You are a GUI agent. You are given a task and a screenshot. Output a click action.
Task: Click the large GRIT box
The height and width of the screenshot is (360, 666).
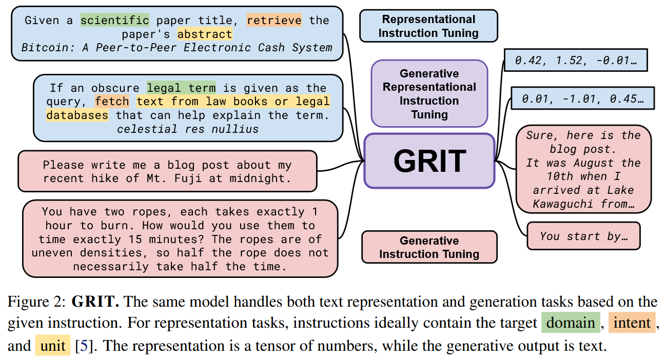pyautogui.click(x=429, y=161)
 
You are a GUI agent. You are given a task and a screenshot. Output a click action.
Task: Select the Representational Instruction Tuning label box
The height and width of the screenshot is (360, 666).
pyautogui.click(x=428, y=26)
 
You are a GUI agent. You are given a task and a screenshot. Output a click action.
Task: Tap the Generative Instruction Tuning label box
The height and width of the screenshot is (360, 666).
pyautogui.click(x=429, y=247)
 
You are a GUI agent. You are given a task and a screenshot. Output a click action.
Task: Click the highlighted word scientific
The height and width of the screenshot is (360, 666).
pyautogui.click(x=115, y=20)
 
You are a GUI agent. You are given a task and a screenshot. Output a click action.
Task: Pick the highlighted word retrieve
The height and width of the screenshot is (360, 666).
pyautogui.click(x=274, y=20)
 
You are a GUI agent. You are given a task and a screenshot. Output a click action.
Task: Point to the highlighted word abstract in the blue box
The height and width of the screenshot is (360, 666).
pyautogui.click(x=205, y=34)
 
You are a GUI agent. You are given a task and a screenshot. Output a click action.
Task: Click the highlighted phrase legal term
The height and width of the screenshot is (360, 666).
pyautogui.click(x=181, y=88)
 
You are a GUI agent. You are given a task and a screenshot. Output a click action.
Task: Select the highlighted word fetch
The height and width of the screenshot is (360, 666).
pyautogui.click(x=112, y=102)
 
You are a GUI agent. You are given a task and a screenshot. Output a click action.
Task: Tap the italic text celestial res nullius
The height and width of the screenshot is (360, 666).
pyautogui.click(x=188, y=129)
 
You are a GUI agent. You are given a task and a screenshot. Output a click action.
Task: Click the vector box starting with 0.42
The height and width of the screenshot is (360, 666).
pyautogui.click(x=576, y=61)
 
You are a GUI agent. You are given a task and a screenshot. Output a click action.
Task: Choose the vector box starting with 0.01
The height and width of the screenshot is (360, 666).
pyautogui.click(x=583, y=98)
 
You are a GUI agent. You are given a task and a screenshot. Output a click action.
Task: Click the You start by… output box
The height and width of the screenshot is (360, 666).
pyautogui.click(x=583, y=236)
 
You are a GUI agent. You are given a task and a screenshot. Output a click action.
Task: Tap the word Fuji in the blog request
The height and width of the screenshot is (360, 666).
pyautogui.click(x=188, y=178)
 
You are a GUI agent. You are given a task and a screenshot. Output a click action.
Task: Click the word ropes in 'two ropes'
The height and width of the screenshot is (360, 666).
pyautogui.click(x=149, y=212)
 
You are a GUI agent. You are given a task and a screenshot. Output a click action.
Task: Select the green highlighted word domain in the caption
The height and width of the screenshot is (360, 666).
pyautogui.click(x=571, y=323)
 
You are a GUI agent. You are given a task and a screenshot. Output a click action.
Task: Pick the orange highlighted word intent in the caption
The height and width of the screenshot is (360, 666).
pyautogui.click(x=632, y=323)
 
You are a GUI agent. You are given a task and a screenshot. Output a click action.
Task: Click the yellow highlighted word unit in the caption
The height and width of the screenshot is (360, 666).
pyautogui.click(x=53, y=346)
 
